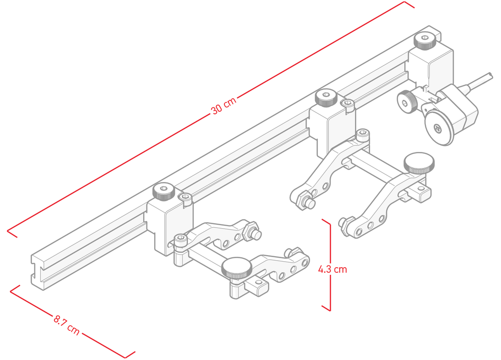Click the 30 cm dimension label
click(x=223, y=105)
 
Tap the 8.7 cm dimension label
click(x=67, y=325)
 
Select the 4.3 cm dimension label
click(x=332, y=269)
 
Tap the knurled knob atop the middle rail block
click(x=326, y=97)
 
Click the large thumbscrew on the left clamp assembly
click(x=237, y=267)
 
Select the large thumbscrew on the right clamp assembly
click(x=419, y=163)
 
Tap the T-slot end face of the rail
click(x=38, y=272)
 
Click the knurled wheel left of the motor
click(x=407, y=102)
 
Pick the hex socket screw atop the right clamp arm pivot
click(x=363, y=135)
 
